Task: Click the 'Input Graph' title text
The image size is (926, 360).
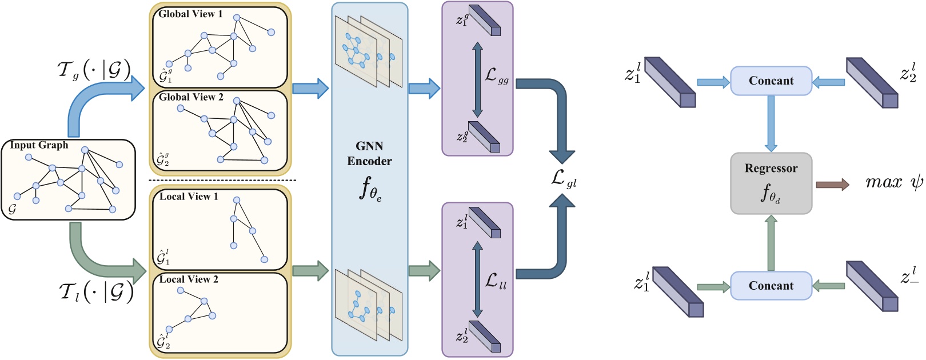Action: pos(39,145)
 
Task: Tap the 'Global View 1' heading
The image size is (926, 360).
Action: pos(190,14)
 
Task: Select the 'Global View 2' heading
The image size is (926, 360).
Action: pos(191,97)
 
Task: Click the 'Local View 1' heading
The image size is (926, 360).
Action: pos(189,197)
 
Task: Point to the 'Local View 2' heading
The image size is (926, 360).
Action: pos(189,279)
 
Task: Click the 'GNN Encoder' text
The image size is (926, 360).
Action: pos(369,154)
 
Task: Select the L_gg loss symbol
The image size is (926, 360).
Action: pos(496,76)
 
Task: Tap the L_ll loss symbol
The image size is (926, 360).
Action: pos(495,281)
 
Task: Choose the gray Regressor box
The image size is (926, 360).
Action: pos(771,183)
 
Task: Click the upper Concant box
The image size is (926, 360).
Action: pos(771,81)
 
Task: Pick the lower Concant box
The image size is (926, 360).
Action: pos(771,285)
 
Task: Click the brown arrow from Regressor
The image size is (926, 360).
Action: pos(832,184)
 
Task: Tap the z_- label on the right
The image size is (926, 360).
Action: pos(909,278)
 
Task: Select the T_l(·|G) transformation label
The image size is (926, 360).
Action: pos(95,292)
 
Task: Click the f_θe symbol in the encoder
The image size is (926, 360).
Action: pos(370,189)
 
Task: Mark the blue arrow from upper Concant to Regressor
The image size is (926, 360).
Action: pos(771,123)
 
